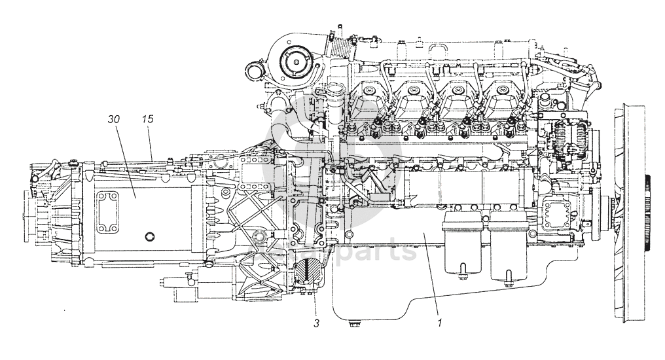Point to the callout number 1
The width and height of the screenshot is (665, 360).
[x=440, y=323]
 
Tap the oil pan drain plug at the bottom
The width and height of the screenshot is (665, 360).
[x=353, y=322]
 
